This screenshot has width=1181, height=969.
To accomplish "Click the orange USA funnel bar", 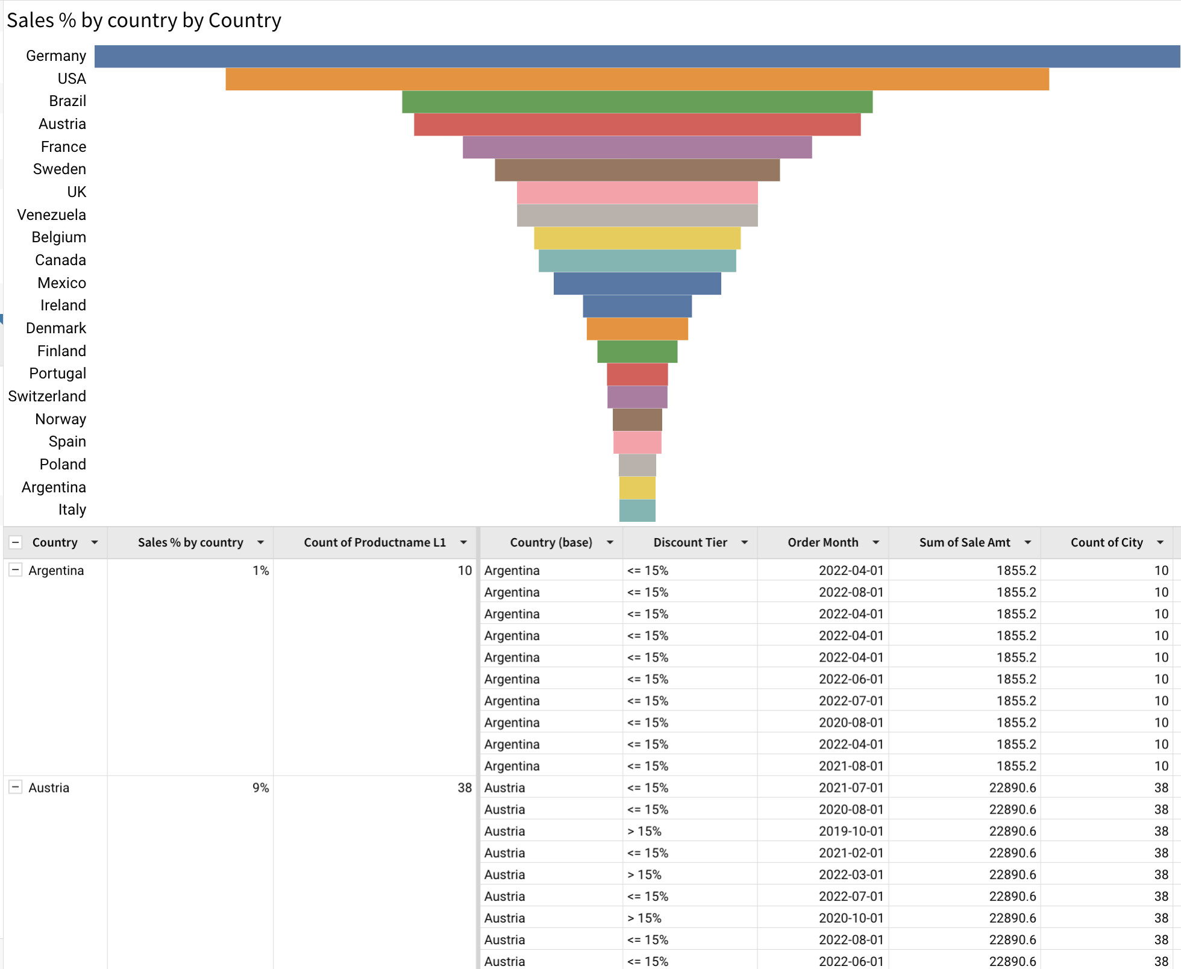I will (x=637, y=79).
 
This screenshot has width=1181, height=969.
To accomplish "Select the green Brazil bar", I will (x=637, y=102).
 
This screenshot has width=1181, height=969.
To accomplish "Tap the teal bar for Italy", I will (x=637, y=510).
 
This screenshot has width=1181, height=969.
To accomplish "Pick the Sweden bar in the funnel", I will (x=637, y=170).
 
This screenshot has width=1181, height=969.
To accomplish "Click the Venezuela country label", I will (x=51, y=215).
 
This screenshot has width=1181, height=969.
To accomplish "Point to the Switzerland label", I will (x=47, y=396).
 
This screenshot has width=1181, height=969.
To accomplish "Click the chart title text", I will (x=144, y=20).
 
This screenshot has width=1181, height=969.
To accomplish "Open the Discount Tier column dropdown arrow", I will (x=744, y=542).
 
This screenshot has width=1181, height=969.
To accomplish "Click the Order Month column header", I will (x=822, y=542).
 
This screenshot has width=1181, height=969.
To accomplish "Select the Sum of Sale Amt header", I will (x=964, y=542).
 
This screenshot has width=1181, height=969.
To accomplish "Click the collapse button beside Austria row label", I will (x=16, y=787).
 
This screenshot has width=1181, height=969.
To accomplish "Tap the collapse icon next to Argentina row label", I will (x=16, y=569).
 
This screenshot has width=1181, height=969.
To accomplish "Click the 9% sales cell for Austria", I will (x=260, y=788).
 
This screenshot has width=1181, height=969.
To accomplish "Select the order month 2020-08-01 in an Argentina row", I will (x=850, y=723).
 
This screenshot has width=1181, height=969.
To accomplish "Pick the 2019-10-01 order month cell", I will (x=850, y=831).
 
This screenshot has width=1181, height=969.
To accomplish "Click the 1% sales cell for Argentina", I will (x=260, y=570).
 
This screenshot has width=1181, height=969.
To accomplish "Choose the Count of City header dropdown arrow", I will (x=1160, y=542).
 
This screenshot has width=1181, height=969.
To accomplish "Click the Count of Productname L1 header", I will (x=374, y=542).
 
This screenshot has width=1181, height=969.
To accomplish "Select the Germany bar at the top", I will (x=637, y=56).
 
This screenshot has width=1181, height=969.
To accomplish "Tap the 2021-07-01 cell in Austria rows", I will (x=850, y=788).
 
